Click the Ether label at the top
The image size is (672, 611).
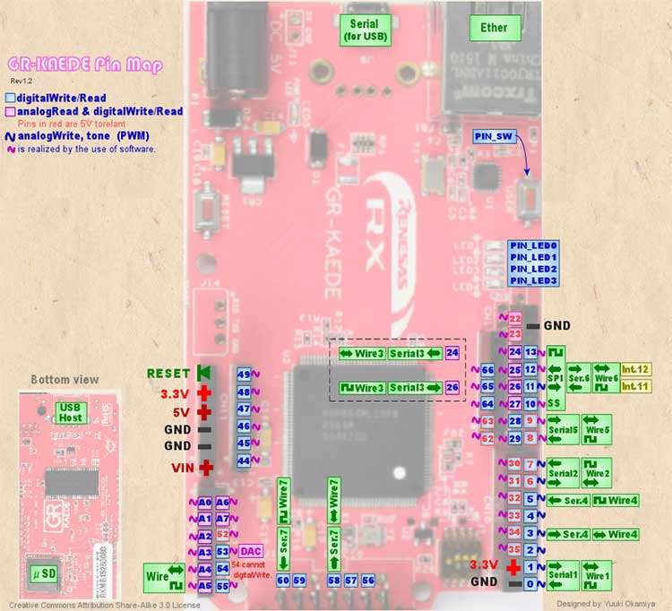point(494,27)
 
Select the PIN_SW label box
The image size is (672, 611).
point(494,135)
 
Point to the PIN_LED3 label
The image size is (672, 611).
point(533,280)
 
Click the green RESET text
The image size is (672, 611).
point(168,373)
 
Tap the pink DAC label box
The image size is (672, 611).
point(252,551)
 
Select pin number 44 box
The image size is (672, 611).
point(243,460)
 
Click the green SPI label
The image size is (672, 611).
point(556,378)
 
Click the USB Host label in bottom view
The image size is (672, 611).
point(70,412)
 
